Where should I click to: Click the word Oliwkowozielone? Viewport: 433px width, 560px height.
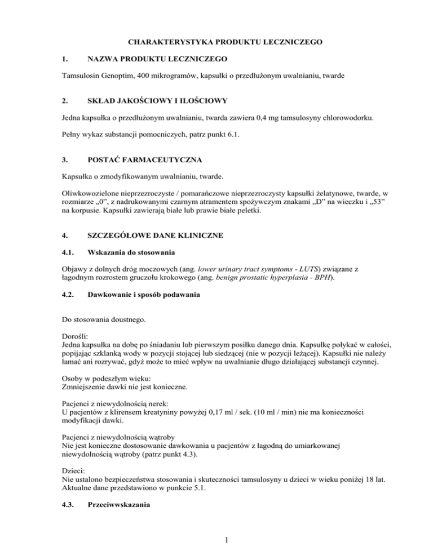tap(87, 223)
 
